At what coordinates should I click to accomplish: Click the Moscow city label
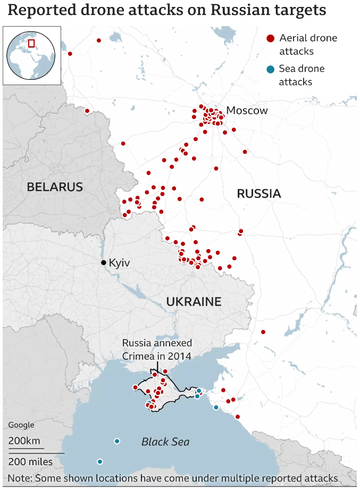[247, 111]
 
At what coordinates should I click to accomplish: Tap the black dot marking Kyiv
[104, 263]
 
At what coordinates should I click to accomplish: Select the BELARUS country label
[55, 187]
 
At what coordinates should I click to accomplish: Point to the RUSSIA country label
[258, 194]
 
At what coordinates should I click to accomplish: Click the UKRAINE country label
[194, 302]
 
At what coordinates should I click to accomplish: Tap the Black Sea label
[165, 442]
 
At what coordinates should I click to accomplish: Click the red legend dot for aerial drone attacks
[270, 38]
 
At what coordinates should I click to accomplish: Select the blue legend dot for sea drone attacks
[270, 69]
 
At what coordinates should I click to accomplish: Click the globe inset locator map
[31, 55]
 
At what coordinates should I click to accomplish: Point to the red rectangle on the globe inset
[31, 43]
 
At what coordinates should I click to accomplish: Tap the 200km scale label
[24, 441]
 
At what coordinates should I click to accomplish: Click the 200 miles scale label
[30, 461]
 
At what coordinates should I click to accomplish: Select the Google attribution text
[21, 425]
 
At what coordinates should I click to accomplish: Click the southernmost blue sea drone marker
[99, 461]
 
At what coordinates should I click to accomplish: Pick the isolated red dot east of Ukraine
[263, 332]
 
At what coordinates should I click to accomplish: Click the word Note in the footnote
[19, 478]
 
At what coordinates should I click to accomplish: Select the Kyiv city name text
[119, 263]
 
